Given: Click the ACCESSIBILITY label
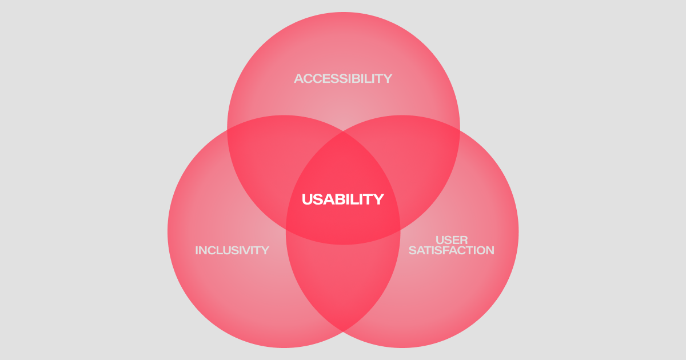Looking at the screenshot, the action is click(x=343, y=78).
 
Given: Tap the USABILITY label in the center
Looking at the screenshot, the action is click(x=343, y=199).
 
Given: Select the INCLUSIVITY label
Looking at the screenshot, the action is click(x=232, y=250).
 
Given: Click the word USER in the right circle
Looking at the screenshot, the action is click(x=452, y=240).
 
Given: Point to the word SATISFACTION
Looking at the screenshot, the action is click(x=452, y=250).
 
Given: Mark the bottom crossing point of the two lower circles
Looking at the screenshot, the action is click(x=343, y=331).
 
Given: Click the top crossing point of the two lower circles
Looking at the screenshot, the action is click(x=343, y=133).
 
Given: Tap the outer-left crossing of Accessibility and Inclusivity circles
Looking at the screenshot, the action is click(x=228, y=130).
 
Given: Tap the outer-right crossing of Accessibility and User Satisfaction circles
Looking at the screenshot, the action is click(x=459, y=130).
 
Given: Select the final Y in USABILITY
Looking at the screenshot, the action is click(x=378, y=199).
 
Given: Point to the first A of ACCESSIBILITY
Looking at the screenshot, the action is click(x=299, y=78).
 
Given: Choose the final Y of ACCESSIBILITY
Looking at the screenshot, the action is click(x=388, y=78).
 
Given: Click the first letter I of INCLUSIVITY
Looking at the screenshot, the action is click(x=197, y=250).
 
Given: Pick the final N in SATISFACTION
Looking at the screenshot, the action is click(x=489, y=250).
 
